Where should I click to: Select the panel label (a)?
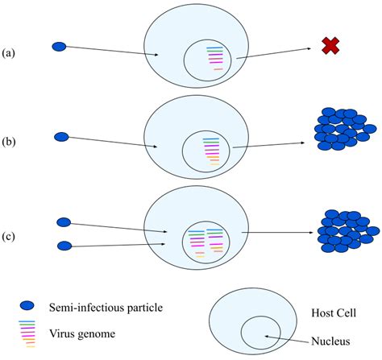[10, 53]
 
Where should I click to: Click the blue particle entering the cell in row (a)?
[60, 46]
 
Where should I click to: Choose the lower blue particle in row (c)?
[66, 245]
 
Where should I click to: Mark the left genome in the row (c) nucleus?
[196, 241]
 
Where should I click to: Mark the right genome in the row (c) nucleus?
[214, 239]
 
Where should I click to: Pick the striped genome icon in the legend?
[27, 332]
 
